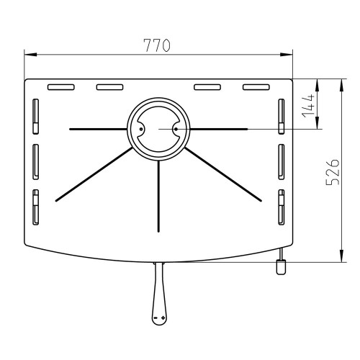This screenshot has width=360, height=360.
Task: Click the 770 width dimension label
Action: pos(157,45)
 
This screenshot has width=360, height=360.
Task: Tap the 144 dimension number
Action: pos(308,106)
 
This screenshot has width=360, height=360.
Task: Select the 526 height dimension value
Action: pos(333,172)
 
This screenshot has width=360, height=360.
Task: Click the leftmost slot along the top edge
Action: pos(61,87)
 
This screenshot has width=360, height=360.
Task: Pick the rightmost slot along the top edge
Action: pos(256,87)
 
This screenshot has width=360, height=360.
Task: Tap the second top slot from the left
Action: pos(109,87)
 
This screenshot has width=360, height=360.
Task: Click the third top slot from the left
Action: pos(207,87)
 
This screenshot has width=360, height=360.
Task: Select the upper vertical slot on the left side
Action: pos(35,117)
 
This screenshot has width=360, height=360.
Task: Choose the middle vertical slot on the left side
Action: pos(35,162)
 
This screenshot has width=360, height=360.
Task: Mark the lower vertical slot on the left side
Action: pos(35,207)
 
